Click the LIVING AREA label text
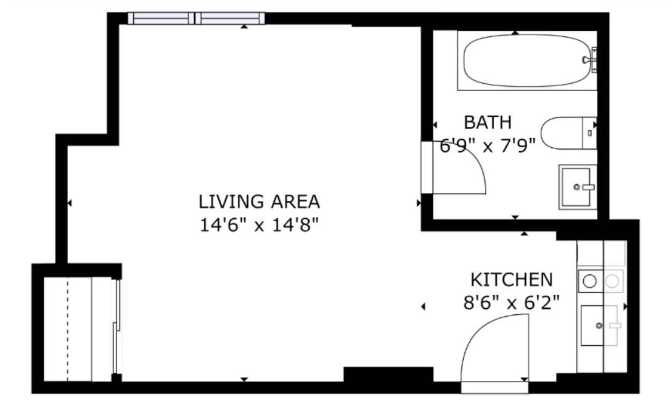pyautogui.click(x=259, y=202)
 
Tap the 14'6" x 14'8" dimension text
pyautogui.click(x=260, y=224)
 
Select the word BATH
pyautogui.click(x=488, y=123)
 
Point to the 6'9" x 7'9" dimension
pyautogui.click(x=488, y=145)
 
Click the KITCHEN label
pyautogui.click(x=511, y=280)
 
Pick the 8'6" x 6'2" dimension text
pyautogui.click(x=511, y=303)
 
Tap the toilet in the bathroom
pyautogui.click(x=568, y=133)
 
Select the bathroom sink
pyautogui.click(x=577, y=187)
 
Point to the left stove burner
pyautogui.click(x=590, y=281)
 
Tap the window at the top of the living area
pyautogui.click(x=196, y=18)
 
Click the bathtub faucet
pyautogui.click(x=590, y=60)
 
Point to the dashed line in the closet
pyautogui.click(x=67, y=328)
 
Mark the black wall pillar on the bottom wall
pyautogui.click(x=388, y=374)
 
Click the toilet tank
pyautogui.click(x=589, y=133)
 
